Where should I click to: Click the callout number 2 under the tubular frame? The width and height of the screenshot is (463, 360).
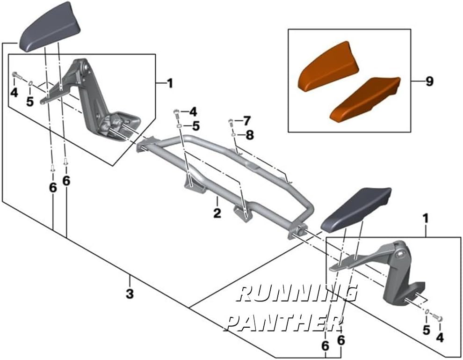tap(217, 213)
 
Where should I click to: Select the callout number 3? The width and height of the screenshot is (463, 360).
tap(130, 294)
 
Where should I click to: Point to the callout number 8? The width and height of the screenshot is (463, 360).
tap(250, 135)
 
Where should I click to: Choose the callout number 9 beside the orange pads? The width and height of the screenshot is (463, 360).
tap(430, 81)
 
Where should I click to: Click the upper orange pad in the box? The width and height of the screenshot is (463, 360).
tap(329, 67)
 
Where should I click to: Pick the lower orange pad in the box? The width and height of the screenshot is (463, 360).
tap(365, 99)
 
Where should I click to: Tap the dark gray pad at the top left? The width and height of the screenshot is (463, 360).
tap(50, 27)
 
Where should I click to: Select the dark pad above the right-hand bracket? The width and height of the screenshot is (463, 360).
tap(356, 209)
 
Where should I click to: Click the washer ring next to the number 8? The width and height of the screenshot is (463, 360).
tap(233, 135)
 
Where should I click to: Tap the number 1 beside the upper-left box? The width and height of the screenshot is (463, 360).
tap(170, 84)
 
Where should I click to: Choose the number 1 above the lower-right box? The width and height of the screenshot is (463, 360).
tap(426, 219)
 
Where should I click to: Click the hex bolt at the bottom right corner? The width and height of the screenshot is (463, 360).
tap(438, 318)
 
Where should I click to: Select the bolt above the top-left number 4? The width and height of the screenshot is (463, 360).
tap(16, 75)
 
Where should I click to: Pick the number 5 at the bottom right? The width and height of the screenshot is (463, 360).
tap(426, 331)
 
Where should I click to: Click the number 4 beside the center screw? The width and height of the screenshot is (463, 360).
tap(193, 112)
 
